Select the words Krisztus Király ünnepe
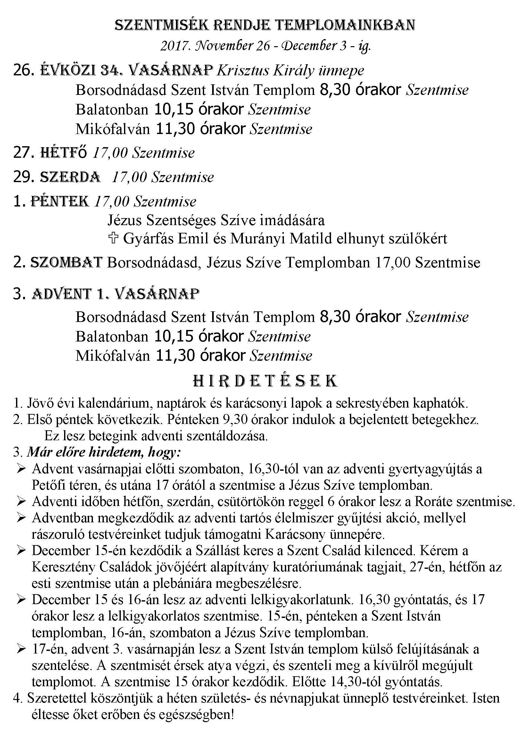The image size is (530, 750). click(x=290, y=71)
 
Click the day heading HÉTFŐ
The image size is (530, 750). click(x=63, y=153)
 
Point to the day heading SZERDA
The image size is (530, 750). click(x=70, y=177)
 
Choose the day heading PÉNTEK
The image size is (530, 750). click(x=60, y=201)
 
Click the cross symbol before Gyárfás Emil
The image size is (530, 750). click(x=112, y=239)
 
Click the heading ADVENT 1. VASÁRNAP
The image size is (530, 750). click(x=116, y=294)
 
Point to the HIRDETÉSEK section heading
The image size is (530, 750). click(x=265, y=381)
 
